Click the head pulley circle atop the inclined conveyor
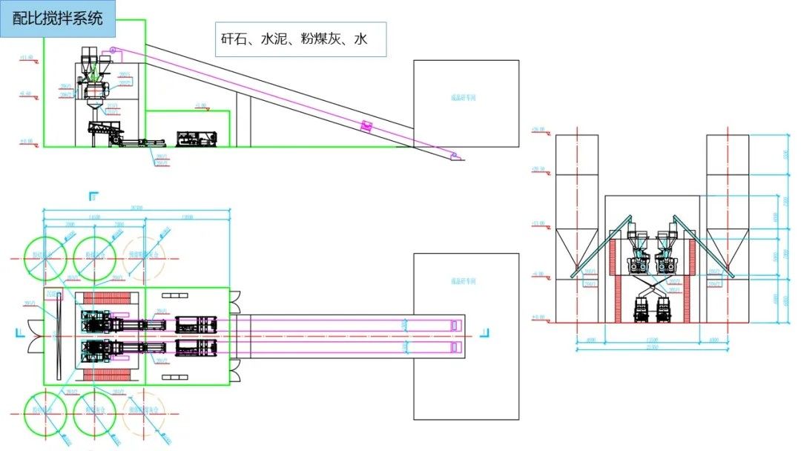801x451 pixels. (x=113, y=50)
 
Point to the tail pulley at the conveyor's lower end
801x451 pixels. (x=454, y=155)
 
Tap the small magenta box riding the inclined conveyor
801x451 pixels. (x=366, y=126)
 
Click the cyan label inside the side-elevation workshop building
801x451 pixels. (x=465, y=96)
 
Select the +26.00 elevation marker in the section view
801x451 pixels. (x=539, y=131)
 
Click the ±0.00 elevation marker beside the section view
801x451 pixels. (x=539, y=317)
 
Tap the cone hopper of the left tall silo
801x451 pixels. (x=576, y=248)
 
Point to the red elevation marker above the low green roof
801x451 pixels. (x=200, y=108)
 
